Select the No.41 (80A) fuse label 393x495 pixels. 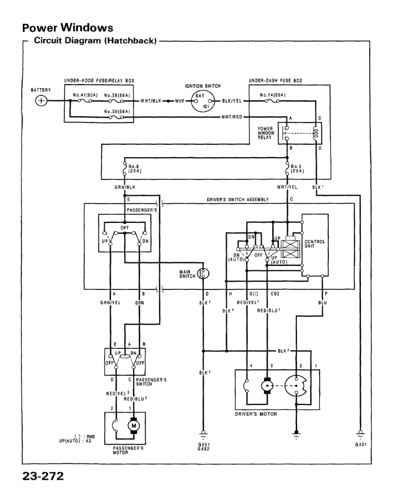84,95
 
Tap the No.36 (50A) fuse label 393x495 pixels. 117,111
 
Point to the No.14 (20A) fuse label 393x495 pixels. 272,95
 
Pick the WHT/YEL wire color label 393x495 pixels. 288,186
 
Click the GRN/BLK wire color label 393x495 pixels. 125,186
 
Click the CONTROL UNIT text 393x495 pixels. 315,244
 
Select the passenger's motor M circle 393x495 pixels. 132,426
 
